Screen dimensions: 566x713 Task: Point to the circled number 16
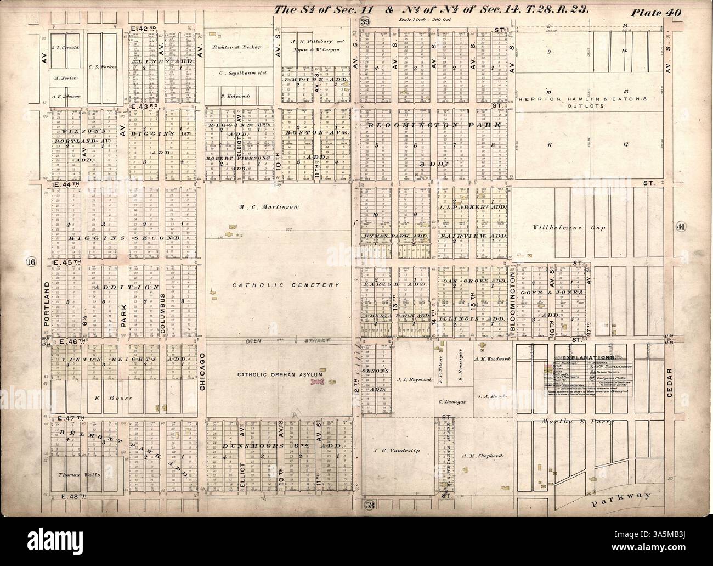point(31,262)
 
